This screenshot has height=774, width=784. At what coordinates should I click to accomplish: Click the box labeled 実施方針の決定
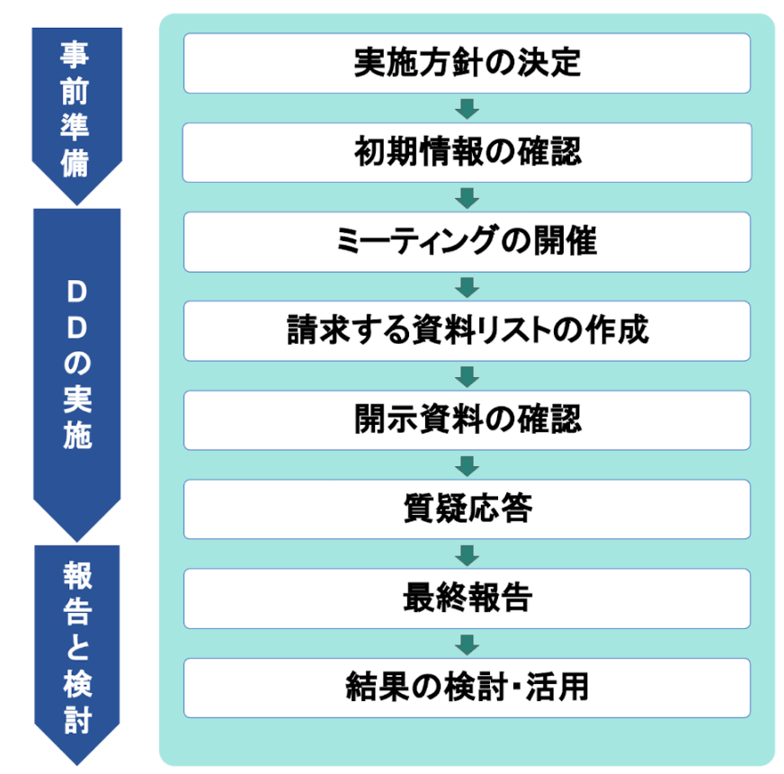point(467,63)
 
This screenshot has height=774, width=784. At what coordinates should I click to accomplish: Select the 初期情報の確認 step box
point(467,152)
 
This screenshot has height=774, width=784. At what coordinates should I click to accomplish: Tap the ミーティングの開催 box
point(467,241)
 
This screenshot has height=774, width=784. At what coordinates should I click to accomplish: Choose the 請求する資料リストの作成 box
point(467,330)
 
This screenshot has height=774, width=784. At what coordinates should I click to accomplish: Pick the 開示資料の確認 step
point(467,419)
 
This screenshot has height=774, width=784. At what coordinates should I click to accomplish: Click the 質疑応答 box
point(467,508)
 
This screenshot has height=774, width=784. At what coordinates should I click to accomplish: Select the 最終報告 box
point(467,598)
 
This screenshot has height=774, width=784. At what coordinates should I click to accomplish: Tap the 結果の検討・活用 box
point(467,687)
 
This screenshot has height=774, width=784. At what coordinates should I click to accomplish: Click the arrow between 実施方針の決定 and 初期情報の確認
point(467,108)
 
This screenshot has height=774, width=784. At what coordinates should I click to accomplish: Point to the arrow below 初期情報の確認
point(467,197)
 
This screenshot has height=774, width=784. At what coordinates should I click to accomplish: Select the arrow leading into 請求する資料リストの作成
point(467,286)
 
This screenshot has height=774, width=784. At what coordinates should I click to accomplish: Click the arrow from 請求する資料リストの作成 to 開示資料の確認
point(467,375)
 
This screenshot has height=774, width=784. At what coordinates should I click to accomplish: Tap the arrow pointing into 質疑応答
point(467,464)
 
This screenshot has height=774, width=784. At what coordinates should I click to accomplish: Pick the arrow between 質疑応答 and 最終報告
point(467,553)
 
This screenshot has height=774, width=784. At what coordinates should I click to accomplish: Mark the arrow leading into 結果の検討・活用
point(467,643)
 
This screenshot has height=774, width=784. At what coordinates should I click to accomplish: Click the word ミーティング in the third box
point(407,241)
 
